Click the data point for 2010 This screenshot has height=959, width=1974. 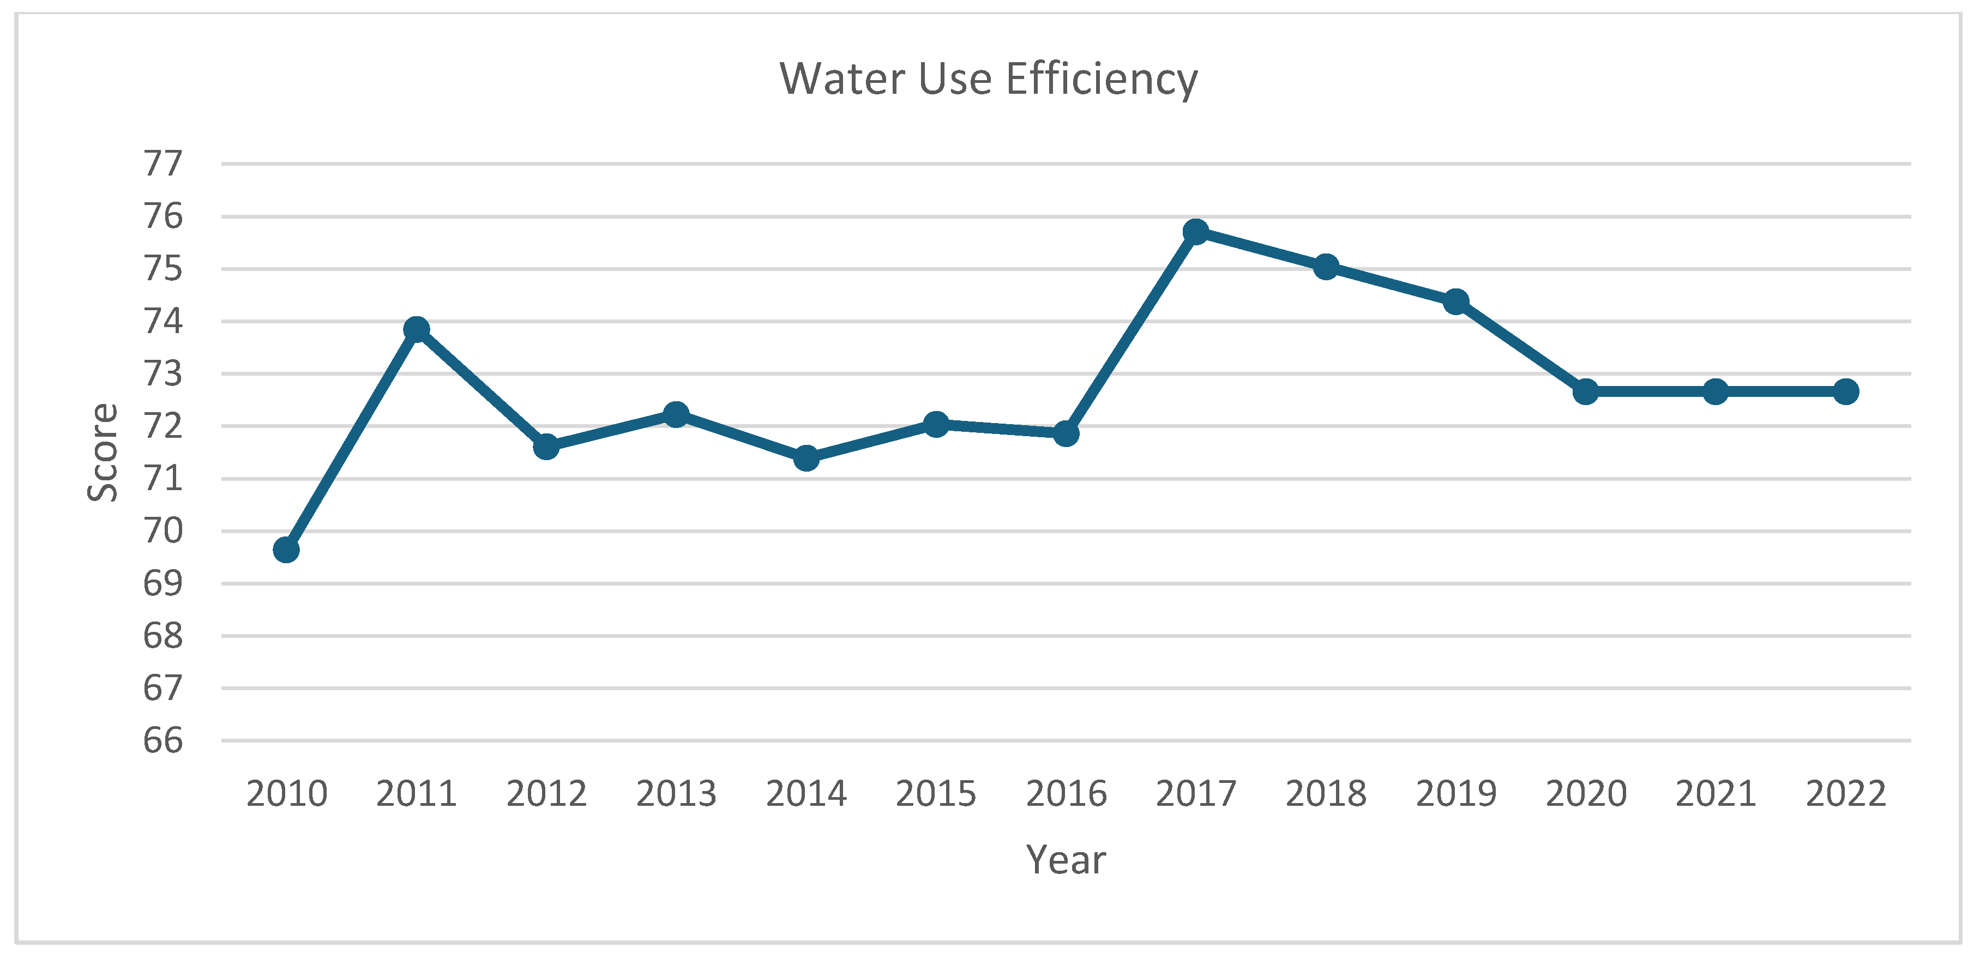click(286, 549)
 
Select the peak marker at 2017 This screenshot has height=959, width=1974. click(1195, 231)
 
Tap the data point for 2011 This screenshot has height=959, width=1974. click(416, 329)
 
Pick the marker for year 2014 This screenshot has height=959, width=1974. click(805, 458)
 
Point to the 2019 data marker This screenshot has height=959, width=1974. click(1455, 302)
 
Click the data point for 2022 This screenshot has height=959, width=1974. click(1845, 391)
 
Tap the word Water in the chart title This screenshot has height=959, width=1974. click(842, 79)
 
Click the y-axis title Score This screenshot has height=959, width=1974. click(103, 452)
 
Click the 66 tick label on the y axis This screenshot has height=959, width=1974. click(163, 741)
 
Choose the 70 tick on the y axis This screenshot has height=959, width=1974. click(163, 531)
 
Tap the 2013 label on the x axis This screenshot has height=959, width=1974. click(676, 794)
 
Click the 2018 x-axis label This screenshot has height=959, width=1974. click(1326, 794)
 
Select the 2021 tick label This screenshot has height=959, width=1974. click(1715, 794)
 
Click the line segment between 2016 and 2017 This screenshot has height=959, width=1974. click(1130, 333)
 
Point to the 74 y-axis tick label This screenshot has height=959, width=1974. click(163, 321)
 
